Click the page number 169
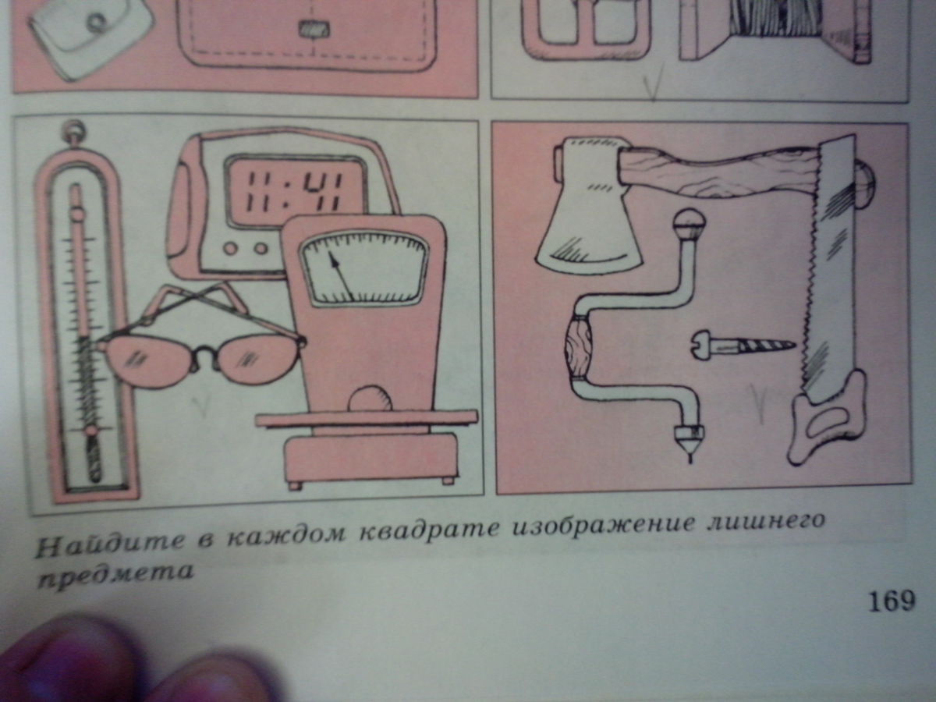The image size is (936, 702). pyautogui.click(x=892, y=601)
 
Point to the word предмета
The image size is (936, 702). pyautogui.click(x=115, y=575)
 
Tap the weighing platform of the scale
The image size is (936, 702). pyautogui.click(x=366, y=419)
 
